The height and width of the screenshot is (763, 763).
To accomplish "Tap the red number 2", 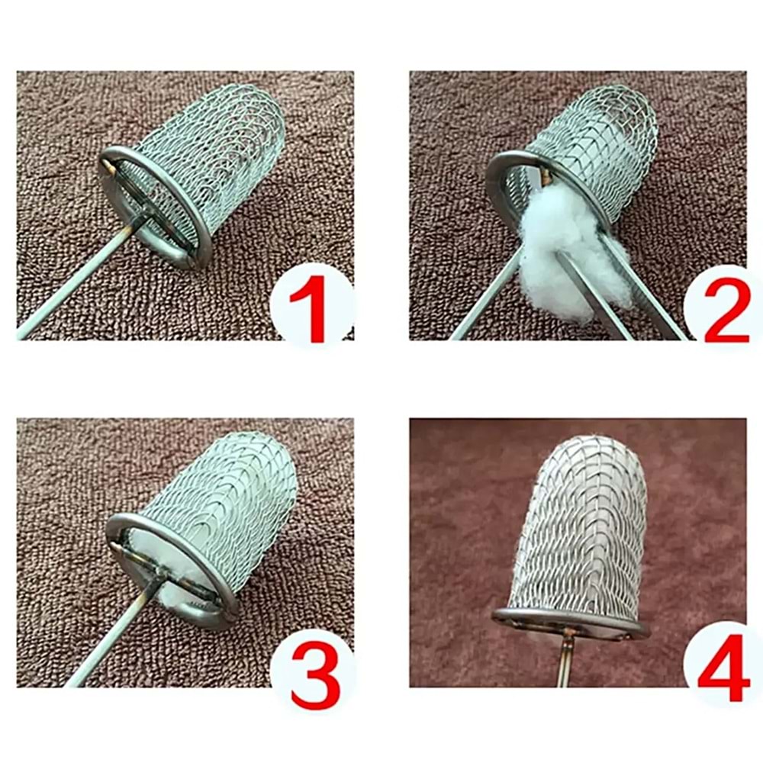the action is pyautogui.click(x=726, y=310).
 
